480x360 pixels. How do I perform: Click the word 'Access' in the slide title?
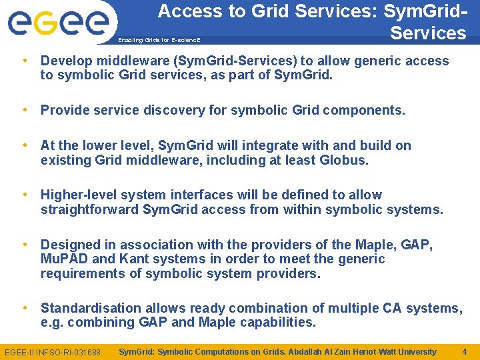pyautogui.click(x=187, y=11)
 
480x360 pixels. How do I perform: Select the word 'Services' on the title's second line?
pyautogui.click(x=428, y=33)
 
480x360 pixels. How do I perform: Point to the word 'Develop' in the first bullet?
pyautogui.click(x=65, y=61)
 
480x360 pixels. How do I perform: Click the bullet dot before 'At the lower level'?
pyautogui.click(x=25, y=145)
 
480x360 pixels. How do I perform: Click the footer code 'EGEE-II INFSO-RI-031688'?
pyautogui.click(x=53, y=352)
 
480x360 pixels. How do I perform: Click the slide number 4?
pyautogui.click(x=464, y=351)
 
